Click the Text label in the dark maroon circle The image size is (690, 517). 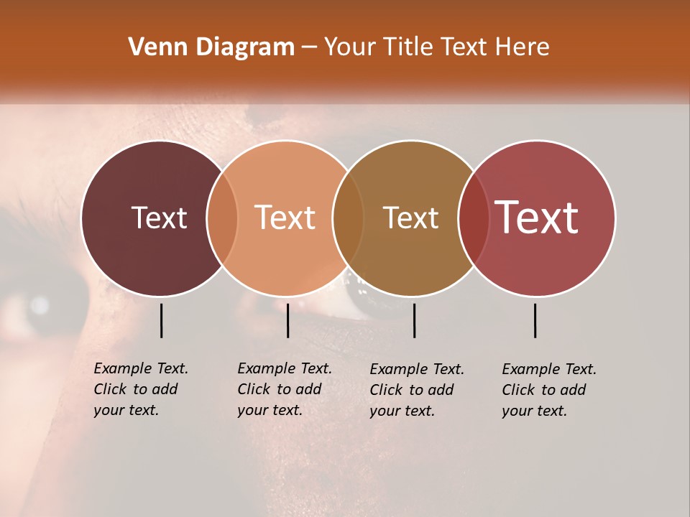[159, 218]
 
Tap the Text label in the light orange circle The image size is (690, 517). [285, 218]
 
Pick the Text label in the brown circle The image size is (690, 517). [410, 218]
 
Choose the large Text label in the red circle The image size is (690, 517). [537, 218]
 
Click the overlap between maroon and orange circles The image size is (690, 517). [222, 218]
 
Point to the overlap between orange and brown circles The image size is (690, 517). [348, 218]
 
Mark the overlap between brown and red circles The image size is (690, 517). [474, 218]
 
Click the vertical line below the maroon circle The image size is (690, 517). [161, 320]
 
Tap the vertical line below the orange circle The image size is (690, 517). [287, 320]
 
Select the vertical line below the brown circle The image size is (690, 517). [414, 320]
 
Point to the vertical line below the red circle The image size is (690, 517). [535, 320]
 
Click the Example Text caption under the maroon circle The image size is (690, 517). [141, 389]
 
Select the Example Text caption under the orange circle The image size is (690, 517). [285, 389]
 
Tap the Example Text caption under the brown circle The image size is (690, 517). [417, 390]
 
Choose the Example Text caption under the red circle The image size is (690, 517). [549, 390]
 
